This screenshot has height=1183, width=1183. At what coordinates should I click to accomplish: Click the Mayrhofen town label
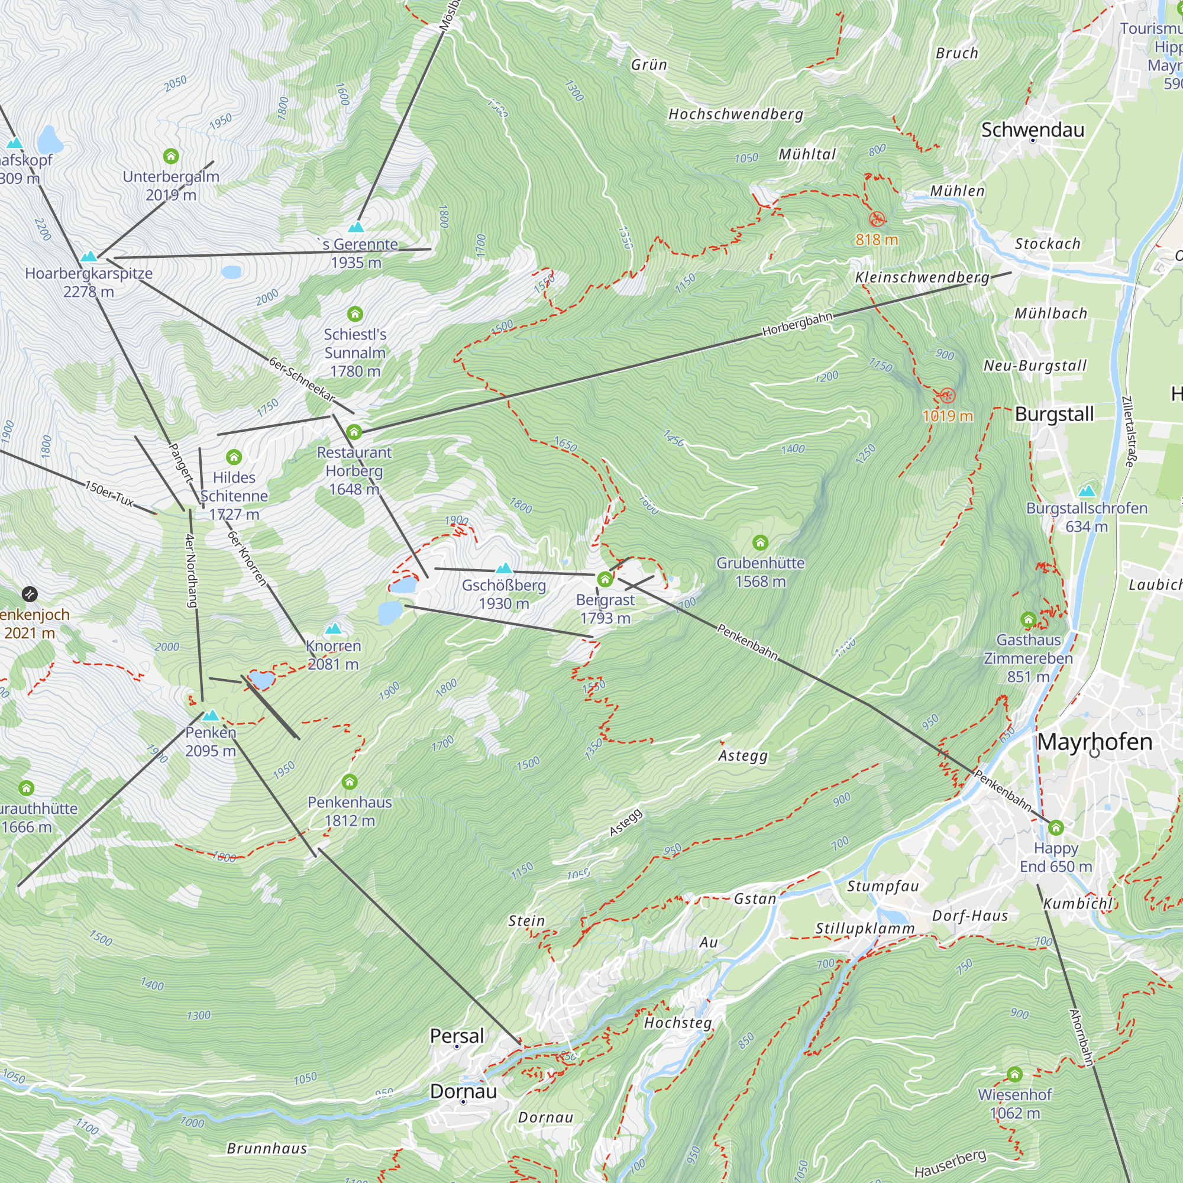pos(1095,742)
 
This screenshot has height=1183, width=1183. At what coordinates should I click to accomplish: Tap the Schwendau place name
pos(1032,129)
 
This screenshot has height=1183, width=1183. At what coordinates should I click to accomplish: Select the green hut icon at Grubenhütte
pos(760,542)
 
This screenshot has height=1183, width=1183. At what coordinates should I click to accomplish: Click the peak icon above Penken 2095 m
pos(211,715)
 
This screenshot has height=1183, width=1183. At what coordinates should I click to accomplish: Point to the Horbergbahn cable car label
pos(797,324)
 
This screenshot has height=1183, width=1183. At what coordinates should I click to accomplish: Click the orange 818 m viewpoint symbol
pos(877,219)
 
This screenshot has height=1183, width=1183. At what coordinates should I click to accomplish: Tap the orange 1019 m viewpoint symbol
pos(946,395)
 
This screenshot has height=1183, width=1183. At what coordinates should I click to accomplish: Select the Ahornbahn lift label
pos(1081,1038)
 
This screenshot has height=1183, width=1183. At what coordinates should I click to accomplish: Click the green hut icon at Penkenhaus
pos(350,781)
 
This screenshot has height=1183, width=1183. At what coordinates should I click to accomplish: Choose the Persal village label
pos(457,1036)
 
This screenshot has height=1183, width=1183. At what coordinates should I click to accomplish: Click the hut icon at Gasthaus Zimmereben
pos(1028,619)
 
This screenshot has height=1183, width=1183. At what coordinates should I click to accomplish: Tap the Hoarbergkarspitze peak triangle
pos(89,256)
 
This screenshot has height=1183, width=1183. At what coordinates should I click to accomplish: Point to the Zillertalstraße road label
pos(1129,432)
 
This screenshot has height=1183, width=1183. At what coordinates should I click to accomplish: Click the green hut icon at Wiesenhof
pos(1014,1074)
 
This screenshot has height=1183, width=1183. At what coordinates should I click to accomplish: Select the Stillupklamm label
pos(865,928)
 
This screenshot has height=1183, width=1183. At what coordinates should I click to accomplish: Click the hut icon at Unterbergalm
pos(171,156)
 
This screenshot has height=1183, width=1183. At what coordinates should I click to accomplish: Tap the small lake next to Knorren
pos(261,680)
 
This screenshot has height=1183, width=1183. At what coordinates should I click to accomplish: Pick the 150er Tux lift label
pos(109,493)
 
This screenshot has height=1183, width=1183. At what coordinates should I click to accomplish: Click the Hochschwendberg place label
pos(735,114)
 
